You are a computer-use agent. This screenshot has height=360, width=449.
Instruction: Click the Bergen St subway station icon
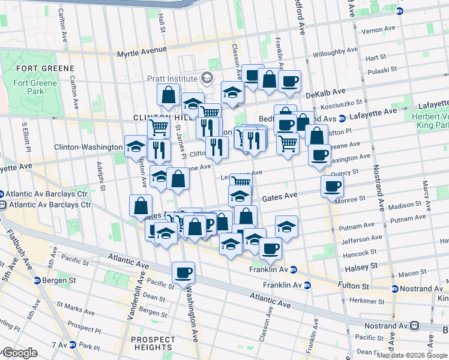[37, 280]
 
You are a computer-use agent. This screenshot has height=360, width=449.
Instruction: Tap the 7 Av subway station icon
[72, 345]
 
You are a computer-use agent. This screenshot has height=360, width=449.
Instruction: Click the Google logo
[19, 353]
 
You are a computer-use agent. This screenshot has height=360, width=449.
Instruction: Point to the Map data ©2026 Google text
[411, 355]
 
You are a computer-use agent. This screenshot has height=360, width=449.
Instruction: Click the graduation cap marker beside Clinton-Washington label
[136, 146]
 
